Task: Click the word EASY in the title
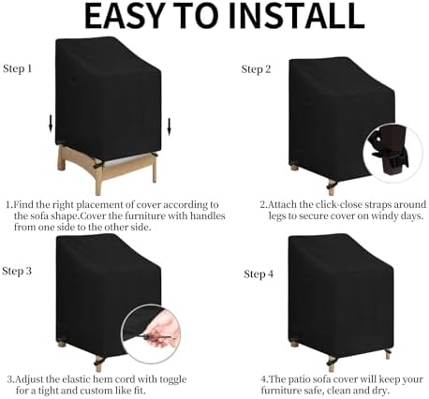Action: pyautogui.click(x=124, y=16)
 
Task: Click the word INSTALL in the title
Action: pyautogui.click(x=297, y=16)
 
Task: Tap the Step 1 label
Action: pyautogui.click(x=18, y=69)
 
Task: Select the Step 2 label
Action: pyautogui.click(x=256, y=69)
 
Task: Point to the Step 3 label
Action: pyautogui.click(x=17, y=271)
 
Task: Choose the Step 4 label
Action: pyautogui.click(x=259, y=274)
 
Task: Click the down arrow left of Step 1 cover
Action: pyautogui.click(x=51, y=124)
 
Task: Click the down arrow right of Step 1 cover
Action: pyautogui.click(x=170, y=126)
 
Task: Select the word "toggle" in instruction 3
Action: pyautogui.click(x=173, y=380)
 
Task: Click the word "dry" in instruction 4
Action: pyautogui.click(x=380, y=392)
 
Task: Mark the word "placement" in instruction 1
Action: pyautogui.click(x=99, y=205)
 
